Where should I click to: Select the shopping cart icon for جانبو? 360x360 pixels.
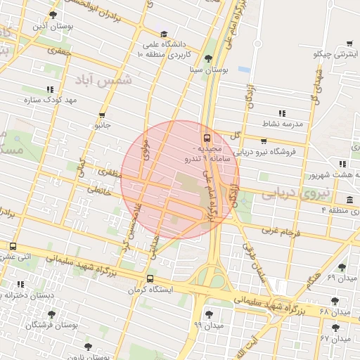[103, 115]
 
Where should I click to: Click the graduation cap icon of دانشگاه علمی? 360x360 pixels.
[163, 34]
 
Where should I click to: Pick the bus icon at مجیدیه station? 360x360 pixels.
[207, 138]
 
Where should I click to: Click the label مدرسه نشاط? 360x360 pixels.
[283, 124]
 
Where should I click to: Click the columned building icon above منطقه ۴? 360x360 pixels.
[350, 199]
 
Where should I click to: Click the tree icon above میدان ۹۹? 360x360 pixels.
[208, 314]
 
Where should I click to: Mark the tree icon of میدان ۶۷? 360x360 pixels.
[334, 328]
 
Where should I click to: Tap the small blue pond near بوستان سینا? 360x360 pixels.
[244, 70]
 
